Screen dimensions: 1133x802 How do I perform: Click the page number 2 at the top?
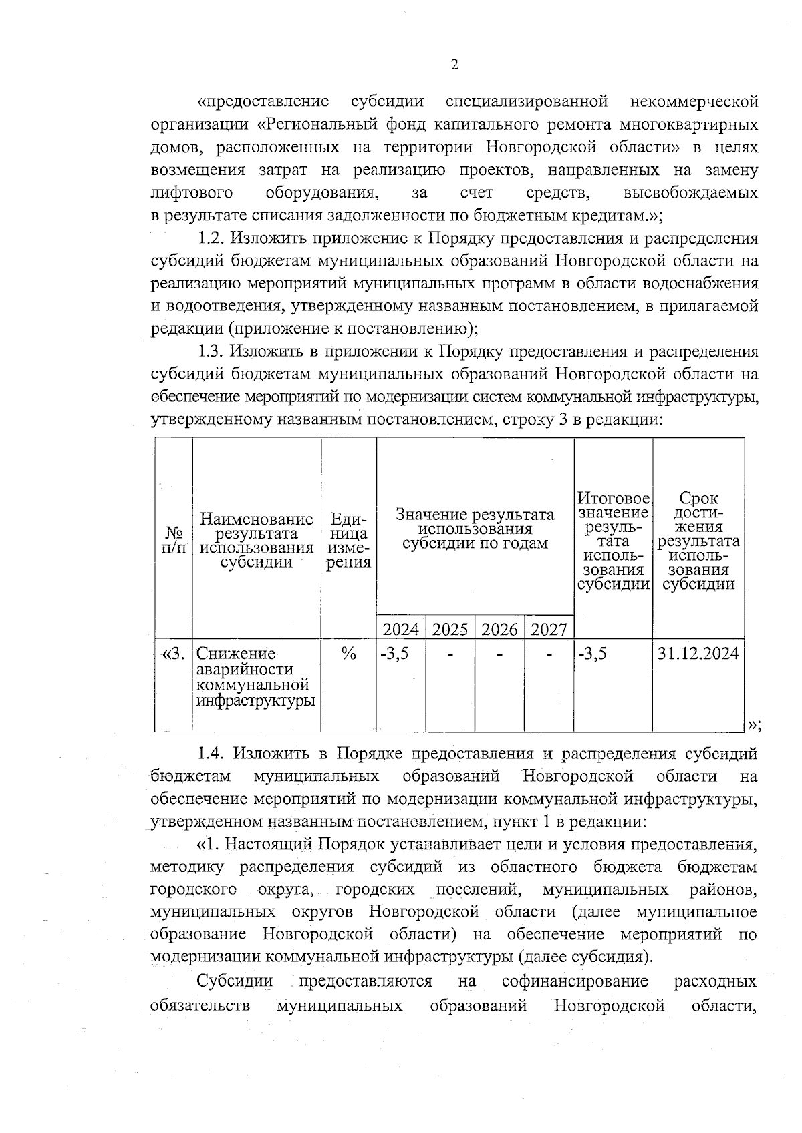coord(454,65)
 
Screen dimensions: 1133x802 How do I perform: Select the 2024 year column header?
coord(400,629)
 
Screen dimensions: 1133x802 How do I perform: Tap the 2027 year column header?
coord(549,629)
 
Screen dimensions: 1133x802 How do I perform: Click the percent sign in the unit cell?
coord(348,654)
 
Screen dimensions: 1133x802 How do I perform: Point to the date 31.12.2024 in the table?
coord(698,653)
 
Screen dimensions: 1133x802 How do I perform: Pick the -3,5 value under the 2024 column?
coord(394,654)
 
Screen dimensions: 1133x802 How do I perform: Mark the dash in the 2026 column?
coord(499,655)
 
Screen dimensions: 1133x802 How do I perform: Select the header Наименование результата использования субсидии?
coord(257,540)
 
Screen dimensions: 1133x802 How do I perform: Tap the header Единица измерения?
coord(349,540)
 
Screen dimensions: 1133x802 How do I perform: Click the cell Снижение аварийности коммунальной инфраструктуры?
coord(256,677)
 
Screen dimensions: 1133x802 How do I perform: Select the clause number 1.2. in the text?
coord(215,238)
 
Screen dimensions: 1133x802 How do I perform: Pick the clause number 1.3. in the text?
coord(215,352)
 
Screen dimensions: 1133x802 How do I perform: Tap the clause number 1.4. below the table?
coord(215,754)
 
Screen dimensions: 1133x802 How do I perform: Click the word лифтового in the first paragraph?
coord(192,193)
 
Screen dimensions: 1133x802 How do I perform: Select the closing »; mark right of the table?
coord(755,724)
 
